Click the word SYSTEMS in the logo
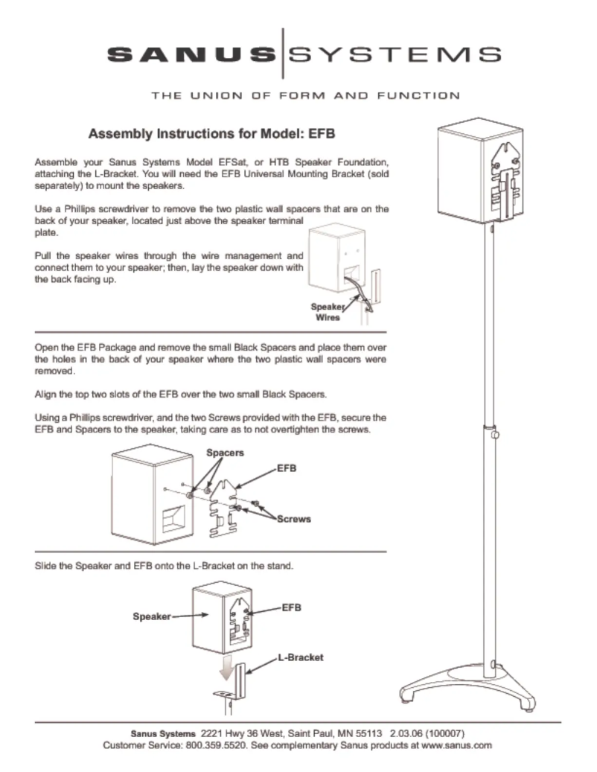395,54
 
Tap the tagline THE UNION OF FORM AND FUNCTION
305,95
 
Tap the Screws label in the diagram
293,518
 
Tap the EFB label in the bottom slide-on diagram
292,607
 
